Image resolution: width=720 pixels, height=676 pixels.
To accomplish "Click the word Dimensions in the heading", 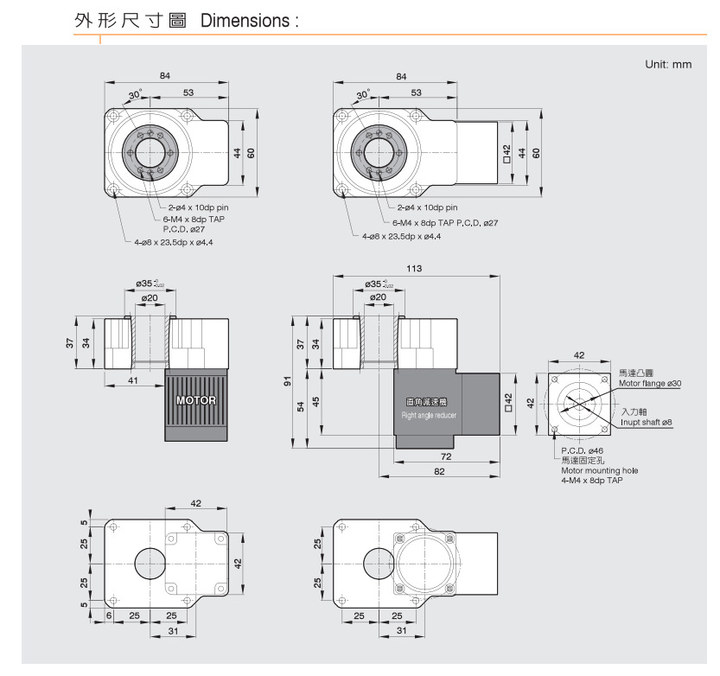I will click(245, 20).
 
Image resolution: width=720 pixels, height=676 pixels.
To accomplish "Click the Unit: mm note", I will click(668, 65).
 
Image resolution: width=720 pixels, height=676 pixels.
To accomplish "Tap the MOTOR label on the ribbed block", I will click(196, 401).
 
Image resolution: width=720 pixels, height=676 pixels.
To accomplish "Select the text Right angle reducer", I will click(430, 416).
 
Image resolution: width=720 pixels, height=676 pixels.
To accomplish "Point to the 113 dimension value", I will click(415, 269).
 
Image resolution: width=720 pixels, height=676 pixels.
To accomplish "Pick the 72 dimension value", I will click(446, 455).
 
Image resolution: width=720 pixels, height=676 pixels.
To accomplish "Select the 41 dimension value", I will click(133, 379).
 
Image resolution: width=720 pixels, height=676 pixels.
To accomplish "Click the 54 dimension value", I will click(301, 406).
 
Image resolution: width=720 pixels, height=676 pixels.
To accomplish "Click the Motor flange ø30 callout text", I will click(650, 382).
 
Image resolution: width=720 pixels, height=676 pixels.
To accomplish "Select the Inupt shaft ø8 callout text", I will click(647, 422).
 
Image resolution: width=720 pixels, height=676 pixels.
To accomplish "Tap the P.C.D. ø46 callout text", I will click(582, 451).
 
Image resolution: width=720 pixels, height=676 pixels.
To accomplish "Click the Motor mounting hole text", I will click(599, 470).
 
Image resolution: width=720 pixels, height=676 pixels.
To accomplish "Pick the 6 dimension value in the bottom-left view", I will click(110, 615).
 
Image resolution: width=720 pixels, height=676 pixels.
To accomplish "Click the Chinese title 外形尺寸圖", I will click(131, 20).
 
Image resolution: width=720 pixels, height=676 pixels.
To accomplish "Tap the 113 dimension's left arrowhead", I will click(337, 277).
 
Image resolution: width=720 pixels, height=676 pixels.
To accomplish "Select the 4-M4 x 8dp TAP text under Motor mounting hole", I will click(591, 480).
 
